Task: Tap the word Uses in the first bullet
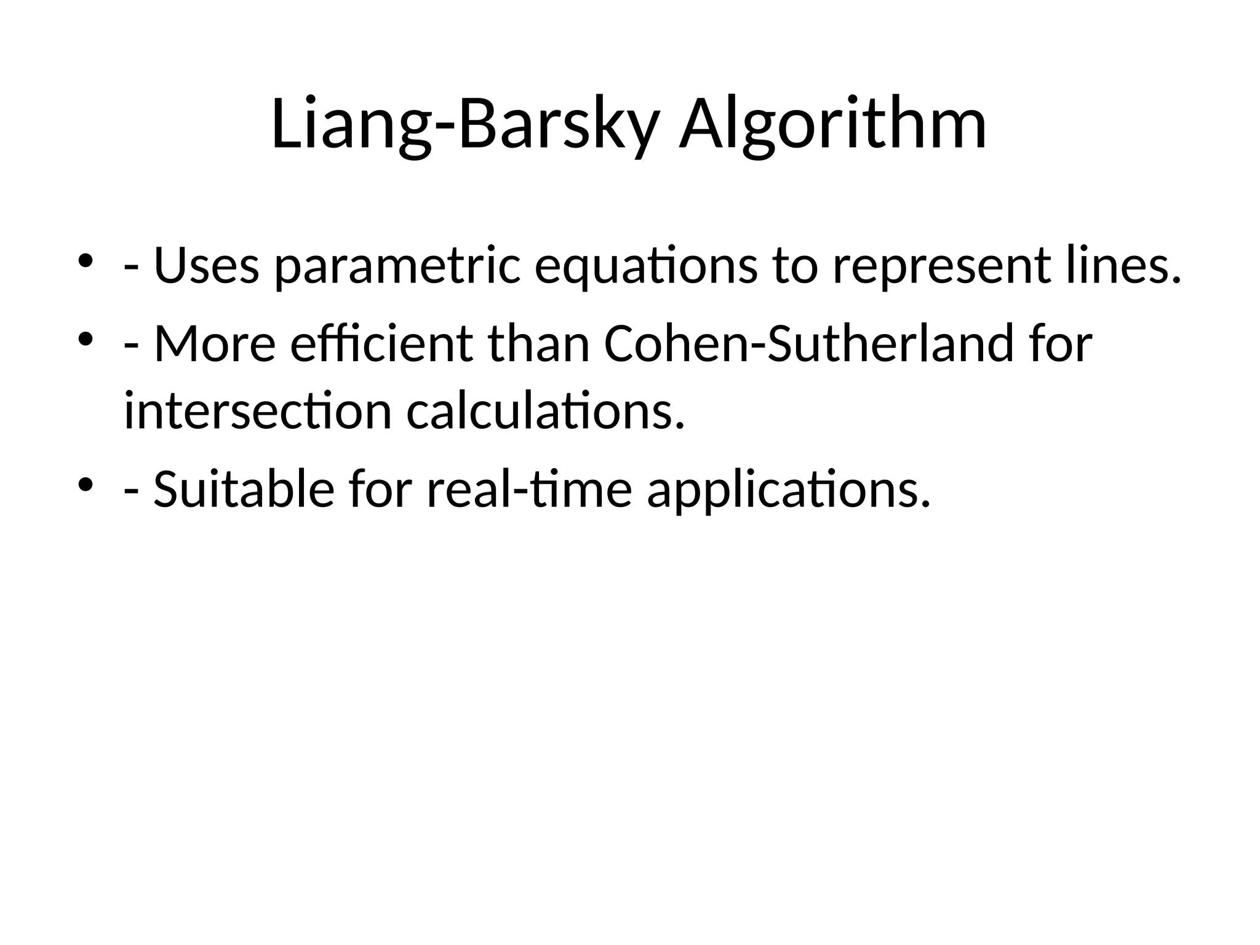point(206,266)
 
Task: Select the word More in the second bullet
point(215,344)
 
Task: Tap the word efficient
point(381,344)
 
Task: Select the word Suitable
point(244,490)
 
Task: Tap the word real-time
point(529,490)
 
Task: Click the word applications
point(788,491)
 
